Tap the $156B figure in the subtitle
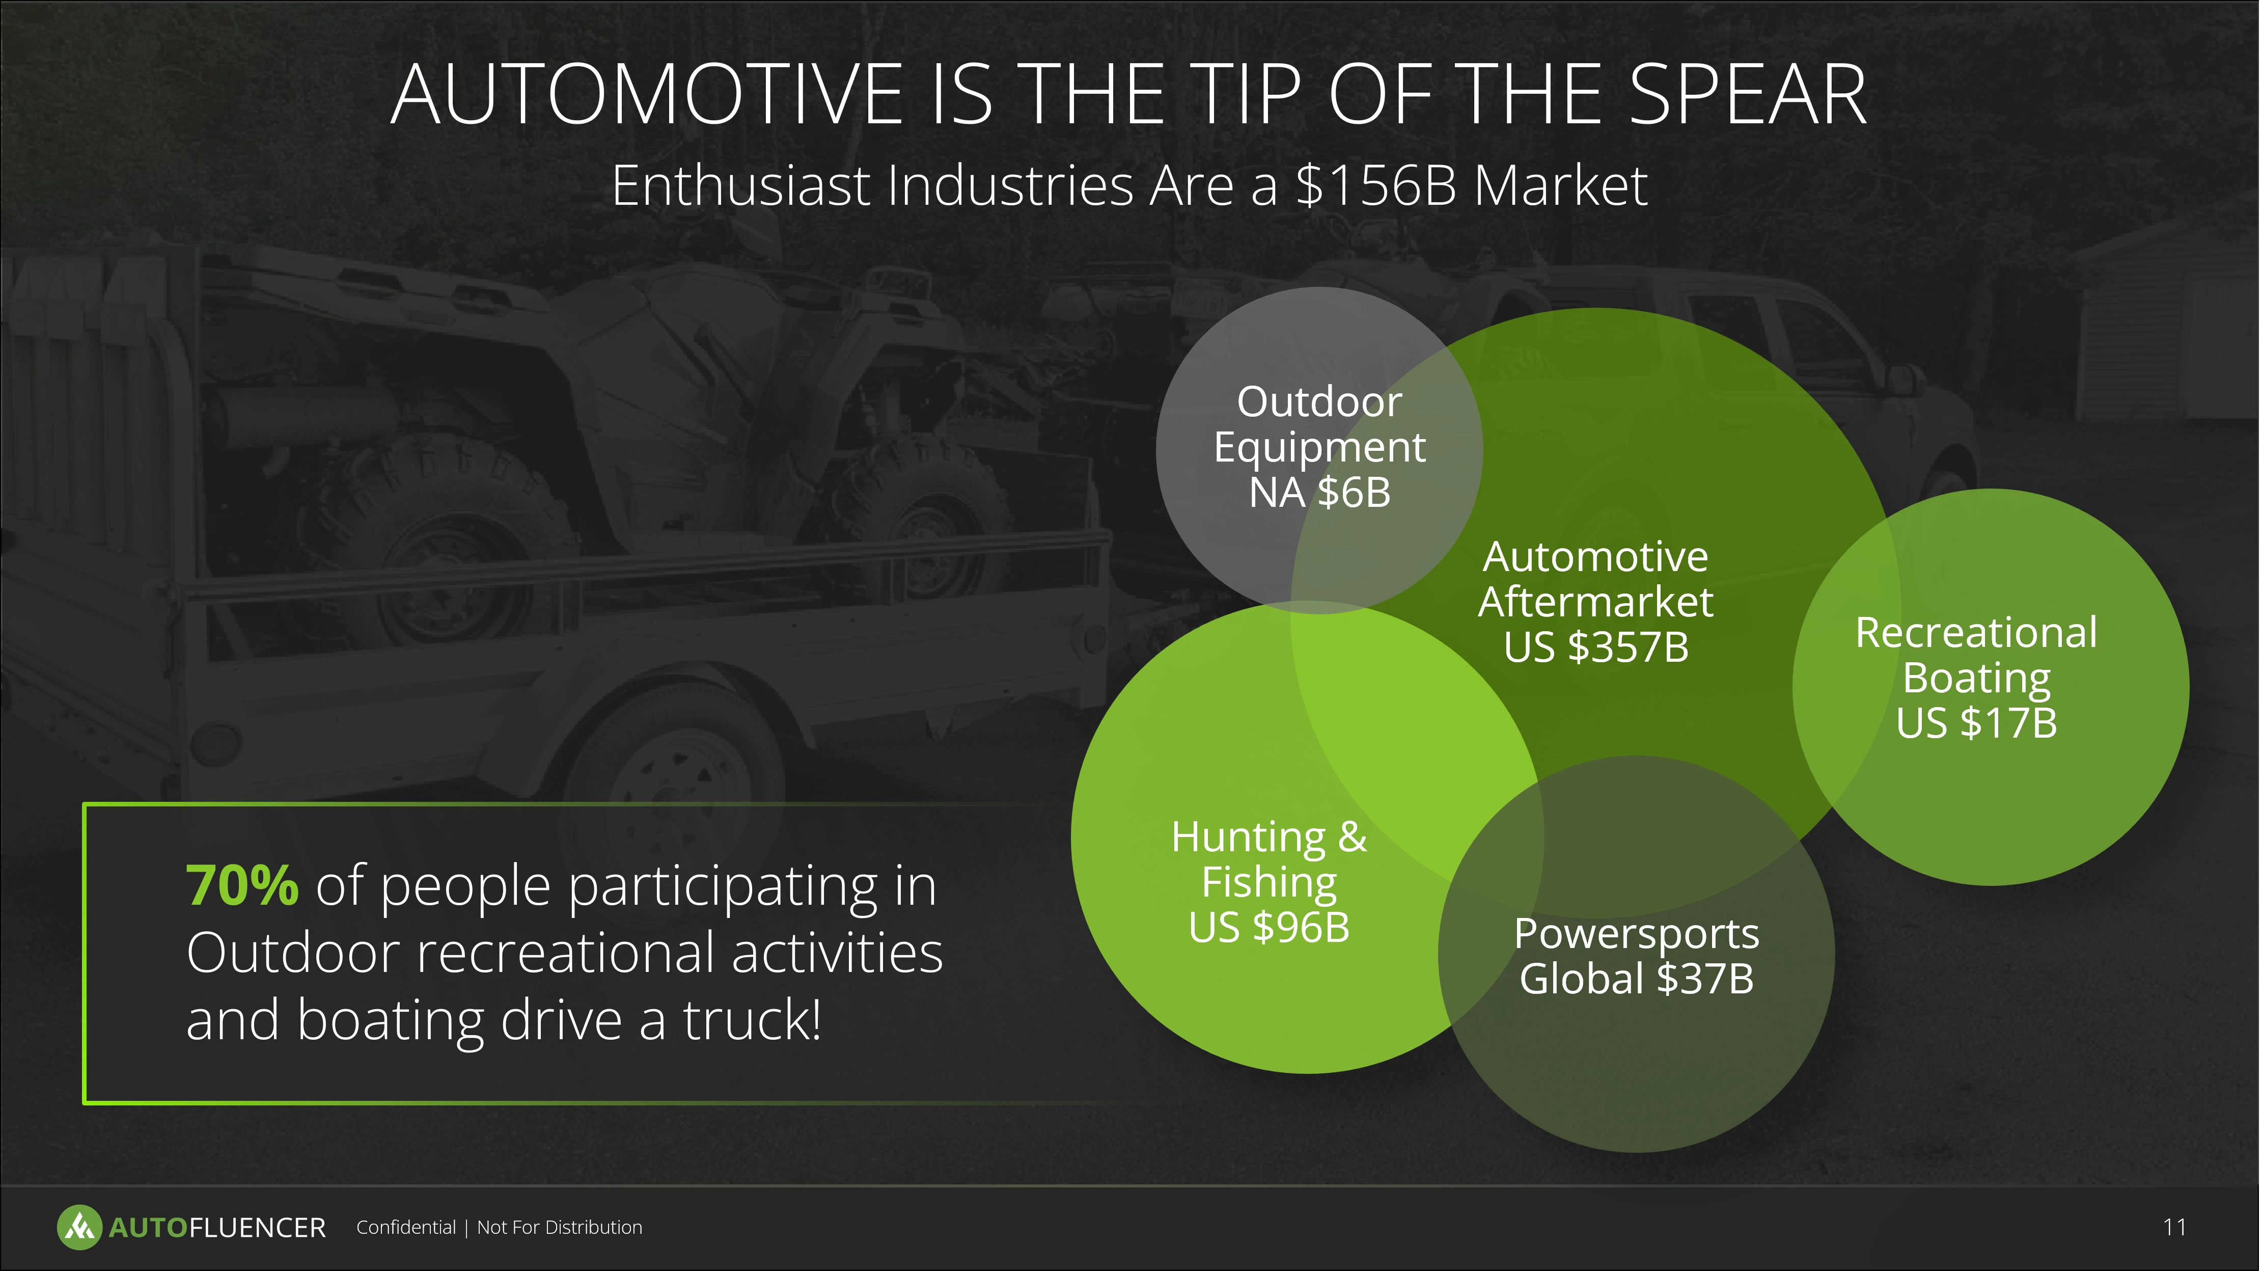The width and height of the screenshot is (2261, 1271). (x=1375, y=186)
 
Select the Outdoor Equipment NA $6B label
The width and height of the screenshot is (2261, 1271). (x=1319, y=447)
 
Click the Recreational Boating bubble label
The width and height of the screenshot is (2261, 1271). (x=1977, y=655)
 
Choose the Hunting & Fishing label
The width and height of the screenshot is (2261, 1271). (x=1269, y=859)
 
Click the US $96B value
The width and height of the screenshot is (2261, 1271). (x=1269, y=927)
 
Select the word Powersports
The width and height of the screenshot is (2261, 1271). (x=1637, y=934)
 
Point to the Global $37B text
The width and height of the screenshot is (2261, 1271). (x=1637, y=979)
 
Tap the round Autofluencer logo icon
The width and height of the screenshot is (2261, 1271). (x=79, y=1227)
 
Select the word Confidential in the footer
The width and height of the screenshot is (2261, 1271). (x=405, y=1227)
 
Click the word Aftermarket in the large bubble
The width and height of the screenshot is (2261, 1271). (x=1596, y=602)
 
